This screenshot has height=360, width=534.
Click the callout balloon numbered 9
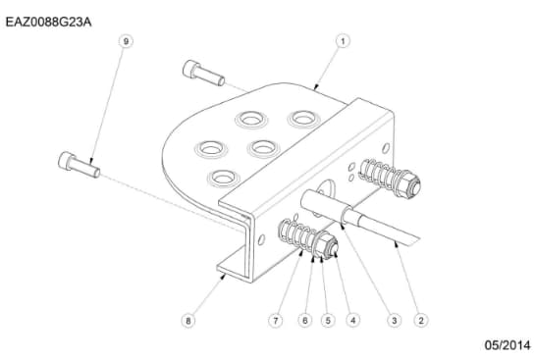pos(125,41)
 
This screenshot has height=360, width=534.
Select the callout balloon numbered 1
pos(344,41)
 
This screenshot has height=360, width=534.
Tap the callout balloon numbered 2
pos(420,320)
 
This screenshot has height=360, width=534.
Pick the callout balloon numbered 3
pos(394,320)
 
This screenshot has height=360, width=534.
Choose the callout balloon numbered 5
pos(328,320)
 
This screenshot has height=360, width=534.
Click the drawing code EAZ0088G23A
pos(48,18)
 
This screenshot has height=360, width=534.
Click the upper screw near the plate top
pos(204,73)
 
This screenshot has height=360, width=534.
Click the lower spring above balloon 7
pos(299,236)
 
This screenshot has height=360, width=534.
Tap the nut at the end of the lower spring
pos(326,246)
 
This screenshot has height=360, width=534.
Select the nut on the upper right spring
pos(412,182)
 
